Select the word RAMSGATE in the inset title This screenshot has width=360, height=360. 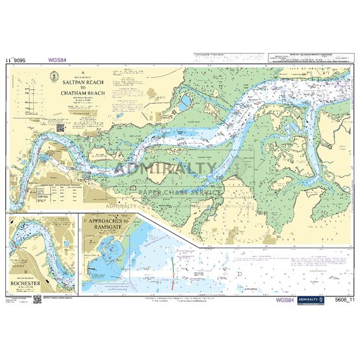point(106,228)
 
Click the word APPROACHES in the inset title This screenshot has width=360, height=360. point(106,221)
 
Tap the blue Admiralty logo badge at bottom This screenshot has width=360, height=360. point(316,300)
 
